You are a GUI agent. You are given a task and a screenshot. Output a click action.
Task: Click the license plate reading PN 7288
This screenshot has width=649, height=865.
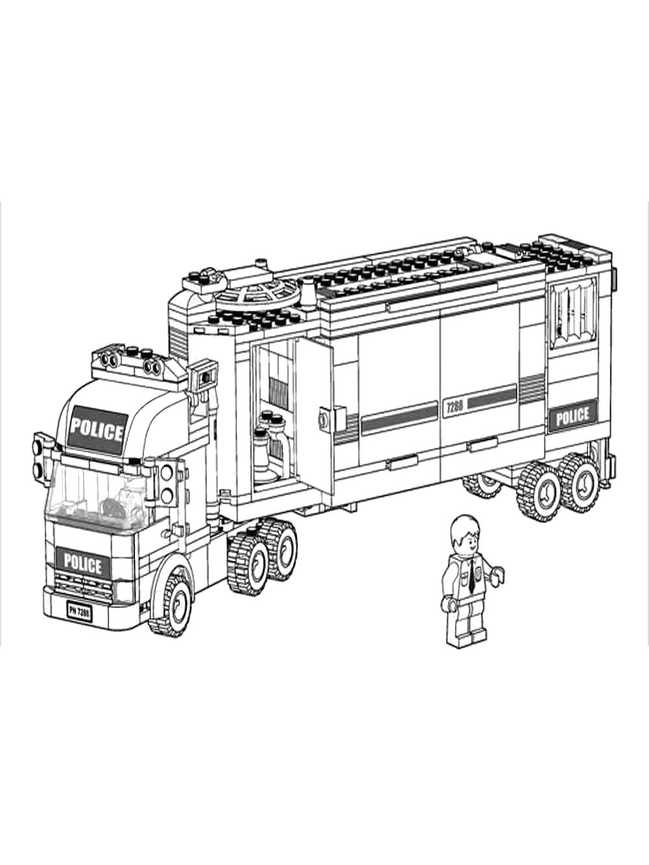[80, 612]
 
